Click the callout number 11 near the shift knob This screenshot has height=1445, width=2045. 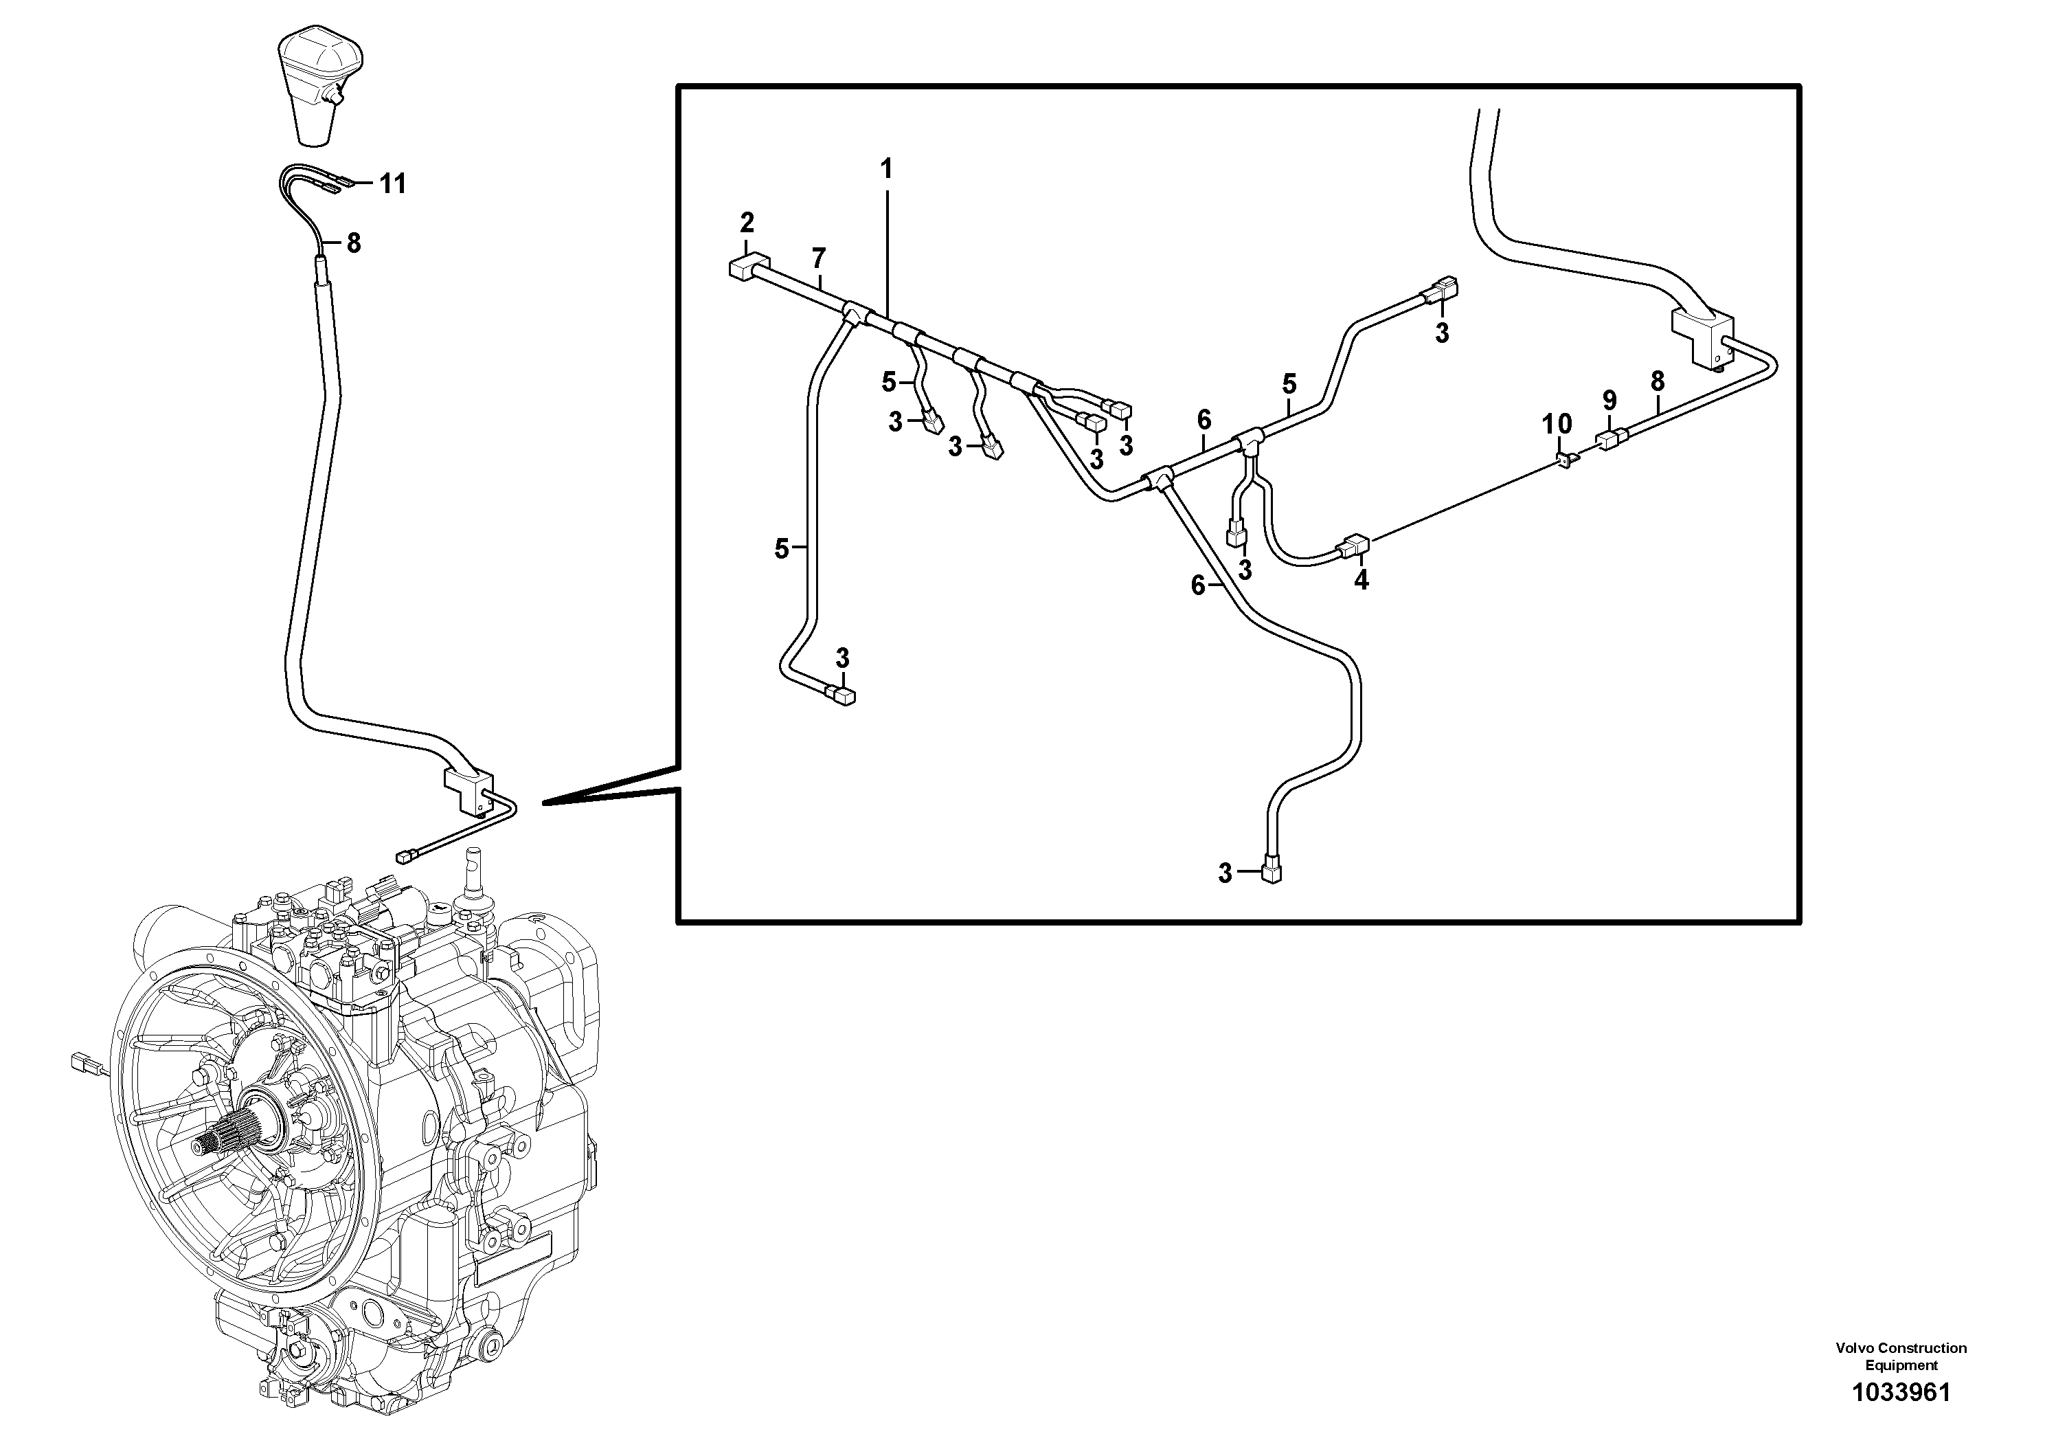point(392,183)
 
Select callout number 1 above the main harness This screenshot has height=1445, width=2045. point(885,168)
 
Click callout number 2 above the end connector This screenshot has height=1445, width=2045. point(747,221)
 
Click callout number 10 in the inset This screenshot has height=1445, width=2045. point(1557,423)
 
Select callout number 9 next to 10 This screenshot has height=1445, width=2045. point(1609,400)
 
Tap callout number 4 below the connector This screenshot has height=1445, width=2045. point(1361,580)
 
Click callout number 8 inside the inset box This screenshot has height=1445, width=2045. point(1657,381)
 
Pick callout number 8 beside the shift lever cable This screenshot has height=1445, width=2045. point(354,243)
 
